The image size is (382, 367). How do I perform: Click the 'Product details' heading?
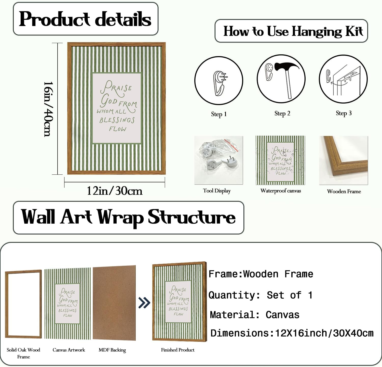(85, 19)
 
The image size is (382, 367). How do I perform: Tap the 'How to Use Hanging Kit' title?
(293, 31)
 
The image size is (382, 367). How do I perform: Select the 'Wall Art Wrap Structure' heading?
(128, 217)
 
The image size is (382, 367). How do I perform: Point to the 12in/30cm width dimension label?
(115, 191)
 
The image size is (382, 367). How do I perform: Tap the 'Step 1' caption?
(219, 114)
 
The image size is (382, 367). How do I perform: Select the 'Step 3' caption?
(344, 113)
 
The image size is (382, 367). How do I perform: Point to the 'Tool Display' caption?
(217, 191)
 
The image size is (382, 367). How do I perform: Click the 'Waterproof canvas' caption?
(281, 191)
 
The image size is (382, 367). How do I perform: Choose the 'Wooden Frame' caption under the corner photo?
(344, 191)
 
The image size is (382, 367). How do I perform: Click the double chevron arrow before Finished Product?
(144, 303)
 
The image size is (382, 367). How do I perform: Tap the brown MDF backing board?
(114, 303)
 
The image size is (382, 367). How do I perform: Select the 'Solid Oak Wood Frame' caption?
(23, 353)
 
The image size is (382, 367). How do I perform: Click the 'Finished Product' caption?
(178, 350)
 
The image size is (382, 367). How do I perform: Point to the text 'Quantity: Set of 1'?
(260, 295)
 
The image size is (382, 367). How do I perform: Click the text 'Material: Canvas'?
(254, 315)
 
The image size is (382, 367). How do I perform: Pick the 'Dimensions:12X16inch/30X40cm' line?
(292, 333)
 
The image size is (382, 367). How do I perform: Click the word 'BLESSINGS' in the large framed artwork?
(117, 120)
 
